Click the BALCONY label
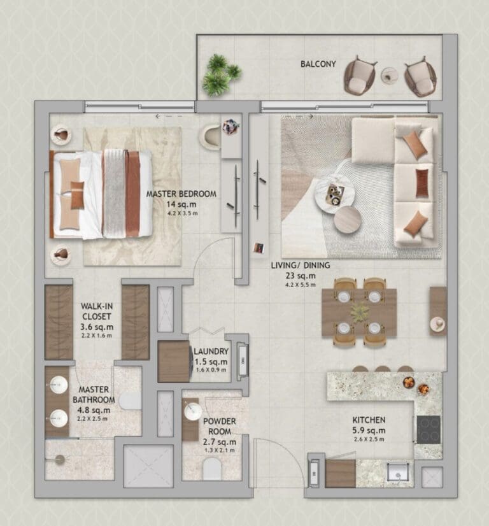pyautogui.click(x=318, y=64)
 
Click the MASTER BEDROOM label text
pyautogui.click(x=181, y=194)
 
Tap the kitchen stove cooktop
pyautogui.click(x=429, y=429)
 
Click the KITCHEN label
pyautogui.click(x=369, y=420)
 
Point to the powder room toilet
pyautogui.click(x=211, y=471)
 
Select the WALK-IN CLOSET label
pyautogui.click(x=96, y=311)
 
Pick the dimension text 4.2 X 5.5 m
pyautogui.click(x=303, y=285)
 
